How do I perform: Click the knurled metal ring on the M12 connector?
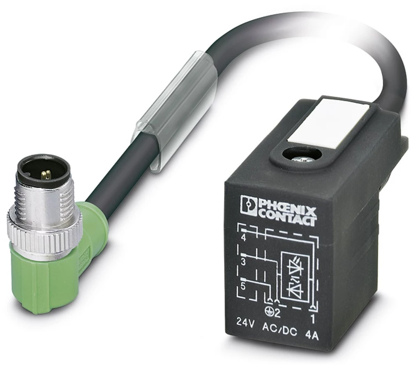[43, 239]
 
